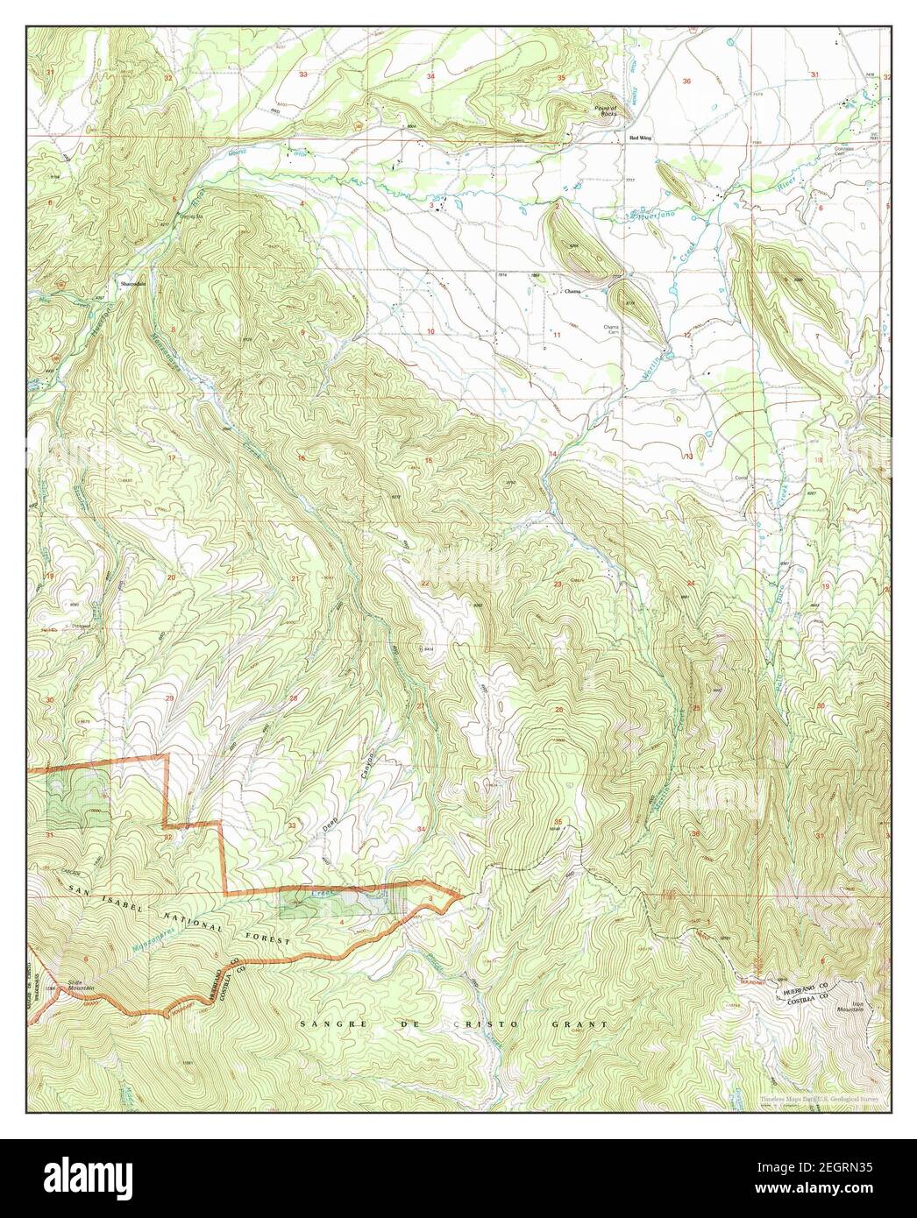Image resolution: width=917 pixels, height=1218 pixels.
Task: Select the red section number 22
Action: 425,583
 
